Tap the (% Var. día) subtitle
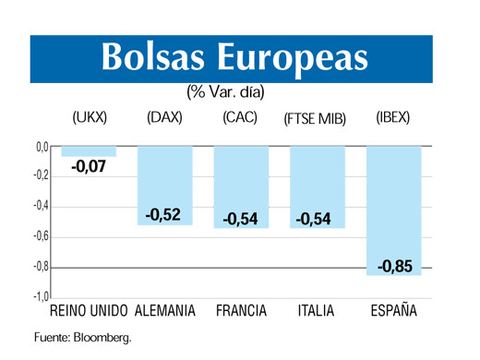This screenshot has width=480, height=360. click(225, 92)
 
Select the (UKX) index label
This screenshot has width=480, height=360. click(90, 118)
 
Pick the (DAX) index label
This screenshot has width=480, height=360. click(164, 118)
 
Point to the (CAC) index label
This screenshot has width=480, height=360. click(241, 118)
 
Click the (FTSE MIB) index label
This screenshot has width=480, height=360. click(316, 119)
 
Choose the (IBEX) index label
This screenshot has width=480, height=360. click(393, 118)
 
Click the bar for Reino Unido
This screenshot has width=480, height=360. click(90, 151)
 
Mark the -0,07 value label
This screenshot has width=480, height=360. click(90, 167)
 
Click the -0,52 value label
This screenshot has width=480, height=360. click(163, 215)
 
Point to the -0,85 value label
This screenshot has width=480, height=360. click(395, 267)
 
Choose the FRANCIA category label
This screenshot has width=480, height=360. click(241, 311)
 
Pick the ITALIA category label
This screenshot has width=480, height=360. click(316, 311)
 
